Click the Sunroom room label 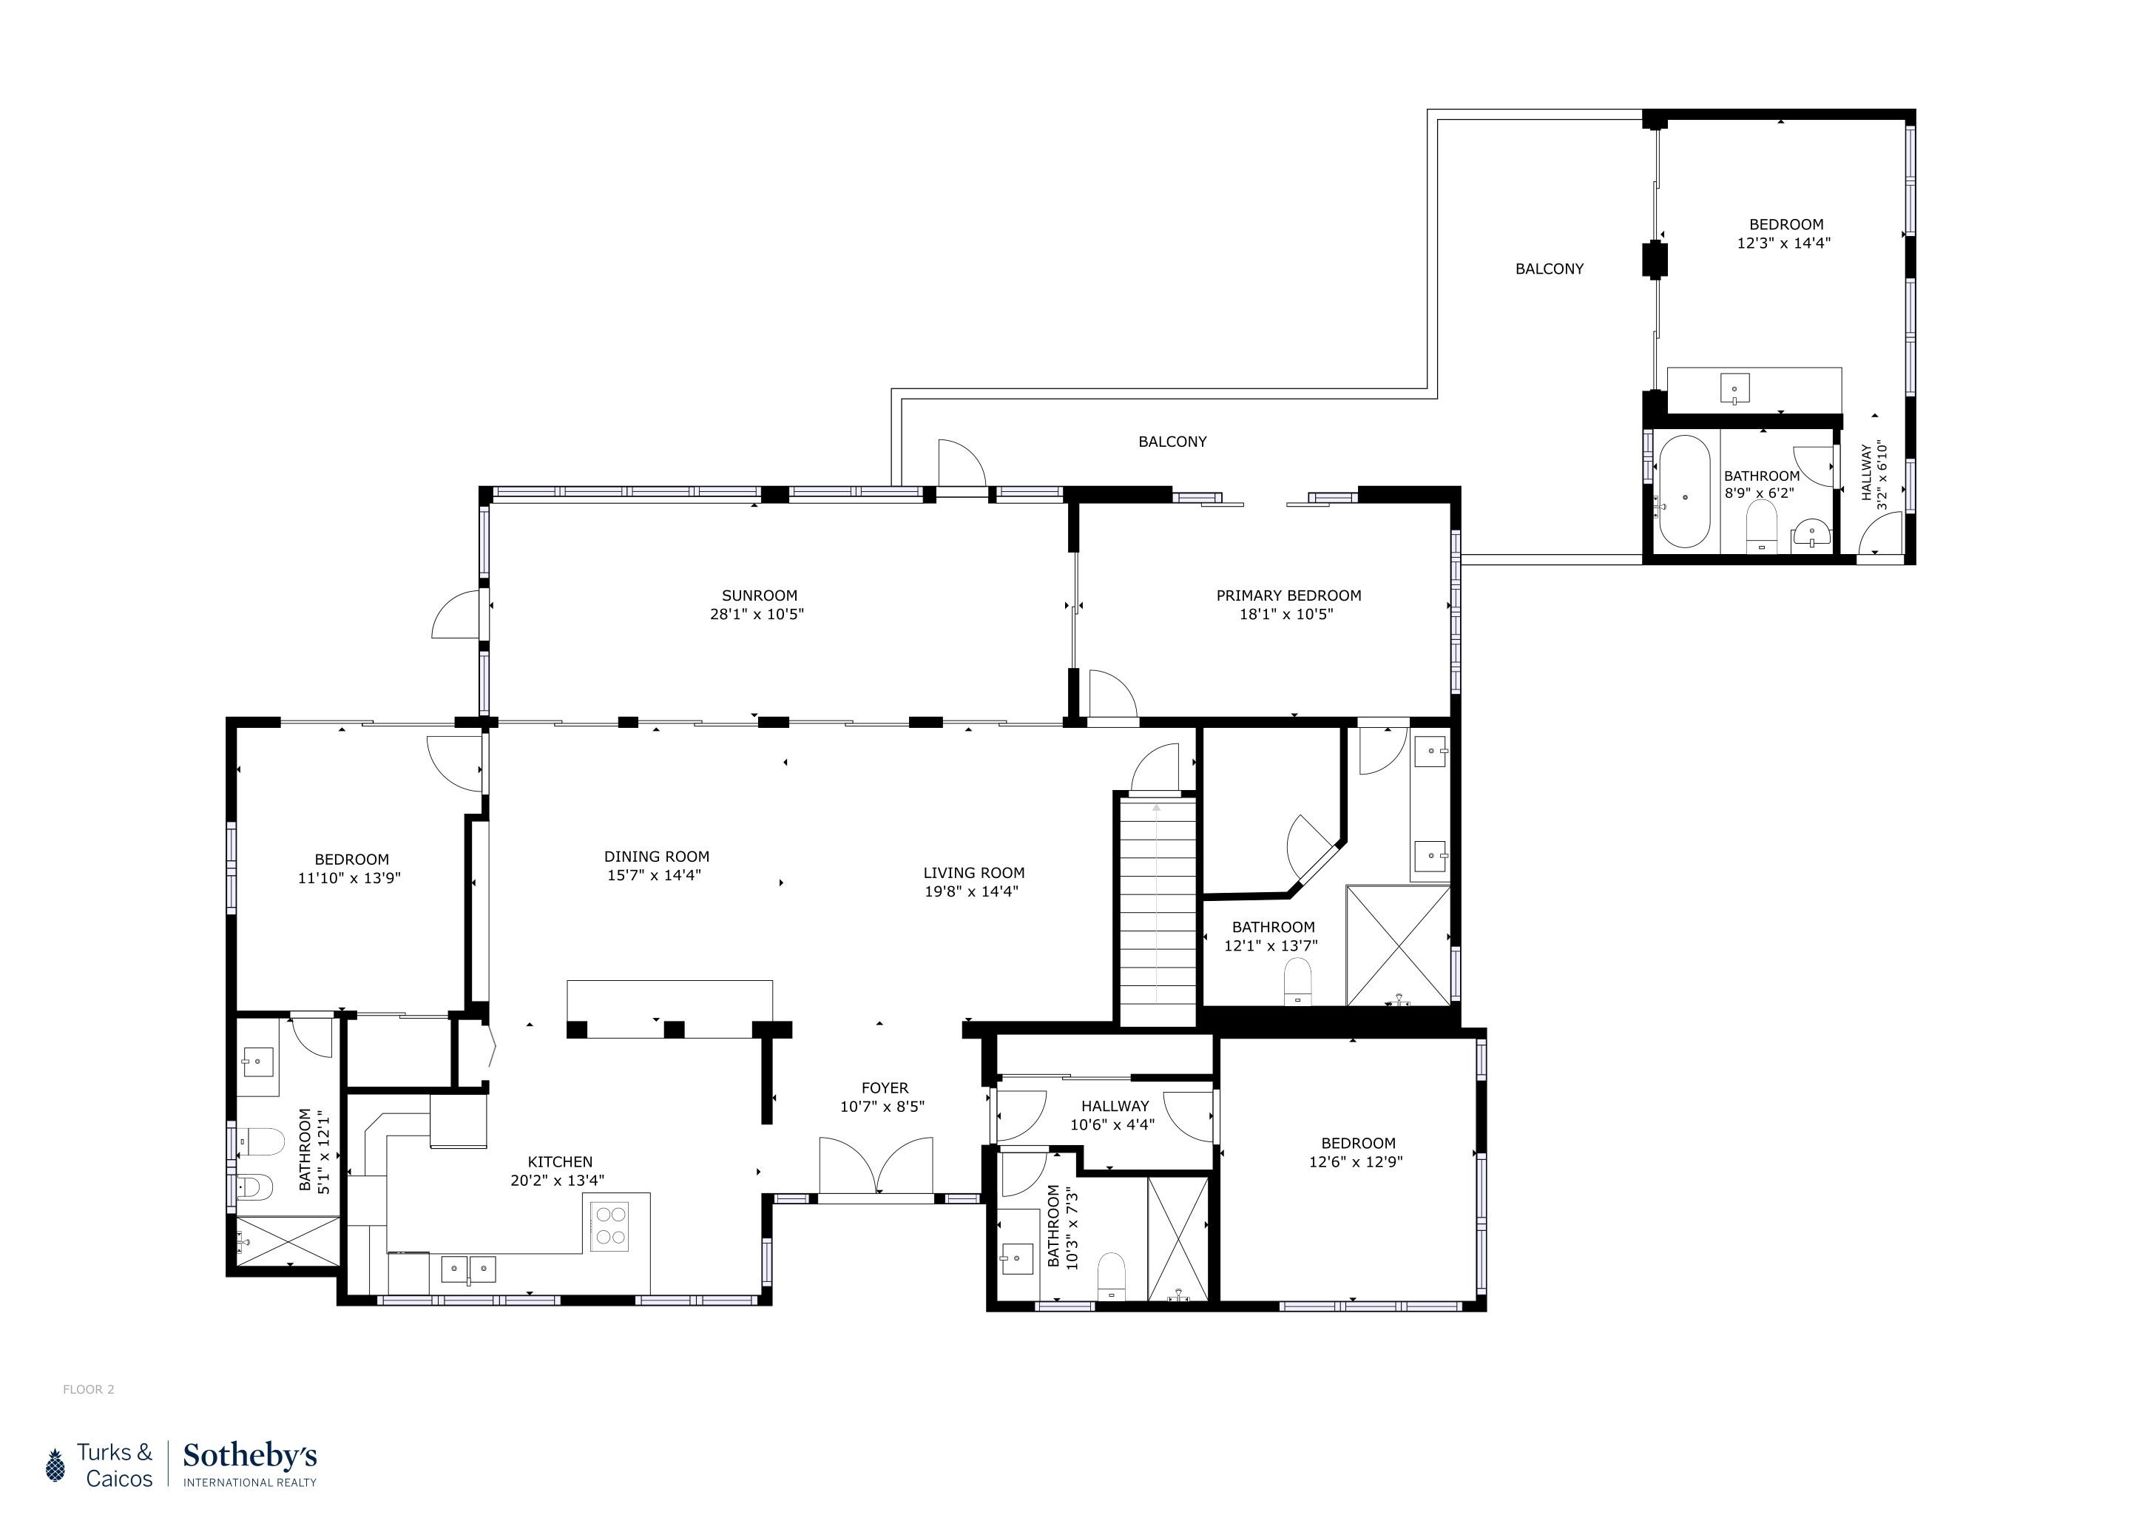[x=760, y=596]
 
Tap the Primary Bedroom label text [x=1288, y=596]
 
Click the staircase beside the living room [x=1157, y=910]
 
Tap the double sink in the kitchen [x=468, y=1269]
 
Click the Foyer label [x=885, y=1087]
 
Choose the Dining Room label [x=657, y=857]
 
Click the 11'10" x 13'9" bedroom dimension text [x=350, y=879]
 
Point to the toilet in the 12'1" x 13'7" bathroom [x=1298, y=982]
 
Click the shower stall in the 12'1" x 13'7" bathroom [x=1397, y=945]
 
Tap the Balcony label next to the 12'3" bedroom [x=1549, y=269]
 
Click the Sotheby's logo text [x=249, y=1457]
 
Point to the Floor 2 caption [x=89, y=1389]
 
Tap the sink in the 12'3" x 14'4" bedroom [x=1734, y=389]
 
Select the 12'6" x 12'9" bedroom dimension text [x=1357, y=1162]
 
